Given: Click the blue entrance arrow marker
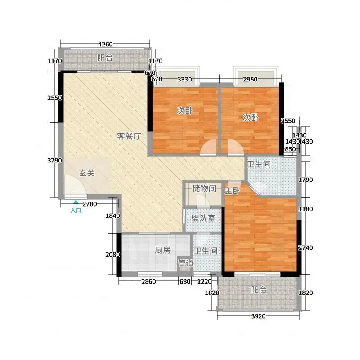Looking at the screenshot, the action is [x=76, y=202].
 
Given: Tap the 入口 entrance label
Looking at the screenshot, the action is [x=76, y=211].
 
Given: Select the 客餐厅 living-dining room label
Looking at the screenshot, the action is [x=129, y=136].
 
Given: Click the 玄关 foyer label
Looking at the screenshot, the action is [x=87, y=173].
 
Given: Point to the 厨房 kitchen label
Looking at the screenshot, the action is [x=163, y=250].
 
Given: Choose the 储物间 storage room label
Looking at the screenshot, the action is [x=204, y=189].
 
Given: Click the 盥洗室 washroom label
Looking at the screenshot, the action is [x=203, y=218].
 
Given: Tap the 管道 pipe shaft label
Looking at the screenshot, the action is [x=186, y=263].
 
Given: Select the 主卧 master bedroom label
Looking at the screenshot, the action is [x=232, y=190].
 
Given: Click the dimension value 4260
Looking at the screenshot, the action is [x=105, y=44].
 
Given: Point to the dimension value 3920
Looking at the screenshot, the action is [x=258, y=316].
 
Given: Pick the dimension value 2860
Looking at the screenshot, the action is [x=148, y=281].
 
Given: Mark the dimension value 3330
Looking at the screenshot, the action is [x=184, y=80].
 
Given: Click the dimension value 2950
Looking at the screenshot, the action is [x=250, y=80].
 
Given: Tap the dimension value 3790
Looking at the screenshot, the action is [x=54, y=160].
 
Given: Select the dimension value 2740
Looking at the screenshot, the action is [x=306, y=247].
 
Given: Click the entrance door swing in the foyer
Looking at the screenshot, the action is [x=75, y=185].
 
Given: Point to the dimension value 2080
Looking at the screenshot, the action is [x=113, y=254].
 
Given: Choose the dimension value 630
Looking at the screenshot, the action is [x=185, y=281].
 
